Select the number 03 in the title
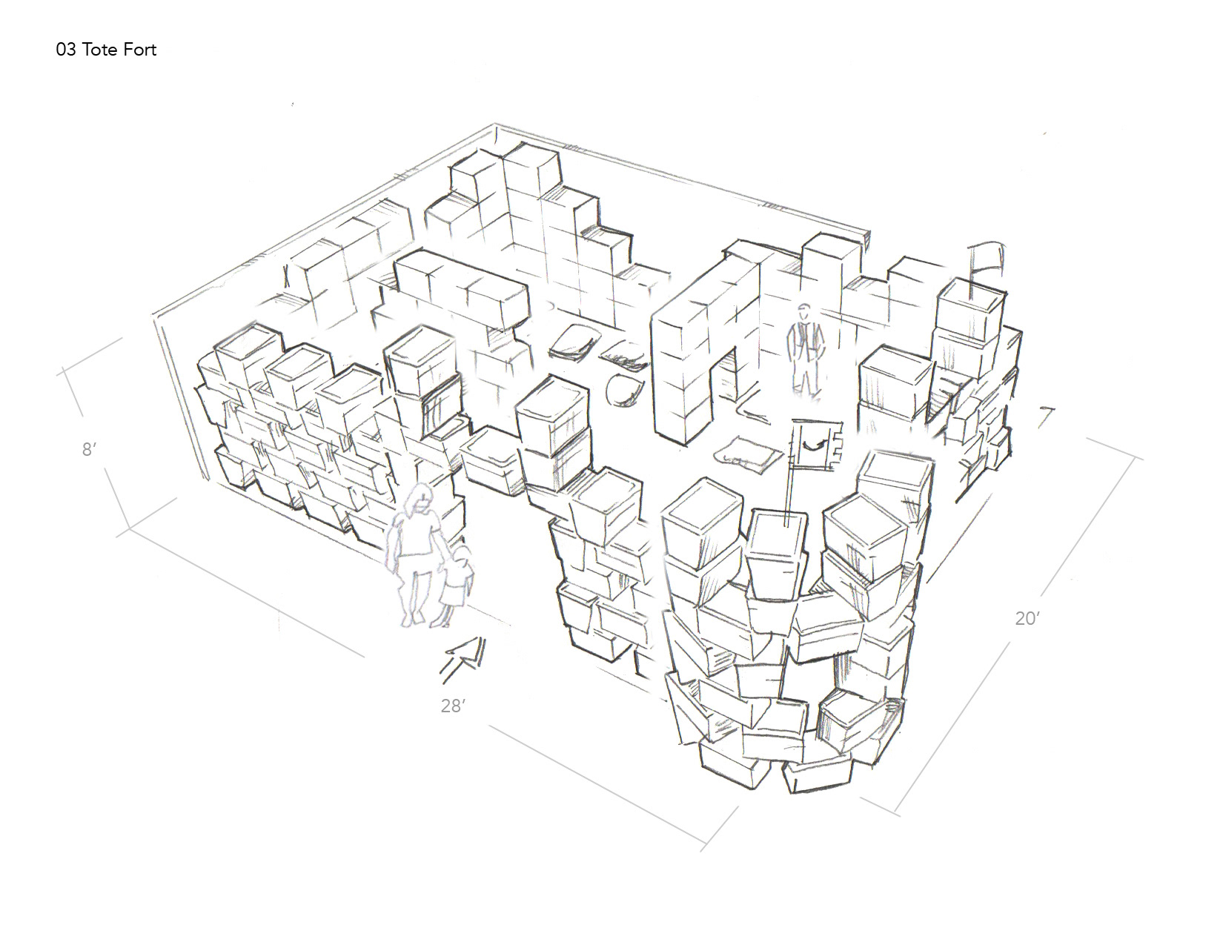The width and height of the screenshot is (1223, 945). (65, 50)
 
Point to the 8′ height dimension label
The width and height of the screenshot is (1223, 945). (87, 449)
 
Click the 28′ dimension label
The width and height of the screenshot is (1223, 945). (452, 706)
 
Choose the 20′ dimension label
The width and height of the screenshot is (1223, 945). (1027, 619)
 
